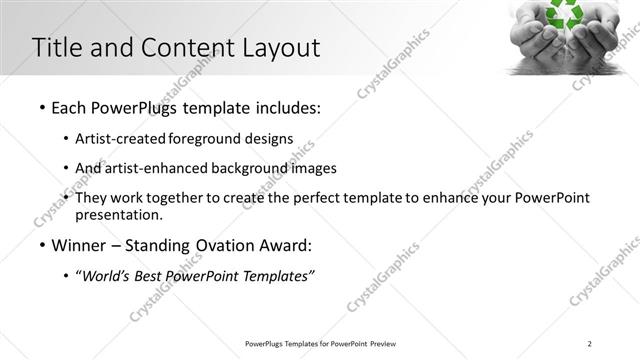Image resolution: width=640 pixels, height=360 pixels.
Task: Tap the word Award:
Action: tap(283, 245)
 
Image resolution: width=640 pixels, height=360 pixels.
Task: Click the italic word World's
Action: tap(107, 276)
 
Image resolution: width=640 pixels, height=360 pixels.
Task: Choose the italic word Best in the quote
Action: tap(153, 276)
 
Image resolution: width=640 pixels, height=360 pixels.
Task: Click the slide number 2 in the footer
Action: tap(590, 344)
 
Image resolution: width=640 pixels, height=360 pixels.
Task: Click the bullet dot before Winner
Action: tap(41, 246)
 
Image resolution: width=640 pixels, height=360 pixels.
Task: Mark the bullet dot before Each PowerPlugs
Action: tap(41, 106)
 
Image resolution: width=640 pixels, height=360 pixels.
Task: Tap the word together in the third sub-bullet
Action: tap(178, 198)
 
